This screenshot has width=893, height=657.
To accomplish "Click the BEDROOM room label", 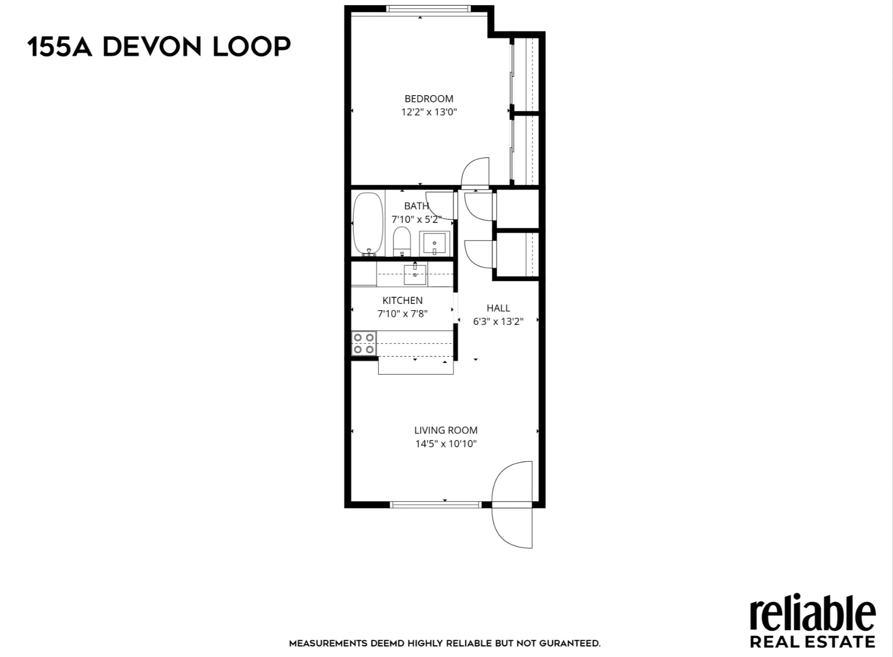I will [x=429, y=98].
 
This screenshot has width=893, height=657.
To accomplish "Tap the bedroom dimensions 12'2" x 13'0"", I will [x=429, y=112].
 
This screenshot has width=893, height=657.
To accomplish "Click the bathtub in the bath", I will [x=368, y=224].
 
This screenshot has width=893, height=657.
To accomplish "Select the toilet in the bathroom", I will [x=402, y=241].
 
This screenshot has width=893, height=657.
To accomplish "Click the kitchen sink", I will [x=415, y=274].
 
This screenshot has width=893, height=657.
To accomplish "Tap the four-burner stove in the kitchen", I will [x=364, y=343].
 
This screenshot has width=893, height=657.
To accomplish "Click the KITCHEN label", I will [x=402, y=300].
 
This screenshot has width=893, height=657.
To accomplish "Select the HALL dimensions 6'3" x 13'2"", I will [x=498, y=321].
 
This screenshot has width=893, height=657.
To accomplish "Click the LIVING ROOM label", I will [x=445, y=430].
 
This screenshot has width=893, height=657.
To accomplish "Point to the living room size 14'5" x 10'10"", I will [x=445, y=444].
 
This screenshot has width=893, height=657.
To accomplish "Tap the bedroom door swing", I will [x=476, y=172].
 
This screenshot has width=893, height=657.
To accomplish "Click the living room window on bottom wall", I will [x=436, y=505].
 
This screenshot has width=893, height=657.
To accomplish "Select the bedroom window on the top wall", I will [x=428, y=8].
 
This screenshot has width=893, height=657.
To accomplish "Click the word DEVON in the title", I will [x=152, y=47].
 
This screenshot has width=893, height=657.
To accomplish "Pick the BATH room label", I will [x=416, y=206].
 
